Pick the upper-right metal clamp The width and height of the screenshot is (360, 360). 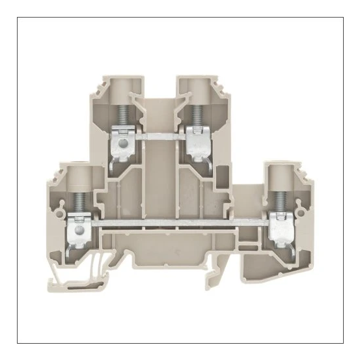tap(195, 139)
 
